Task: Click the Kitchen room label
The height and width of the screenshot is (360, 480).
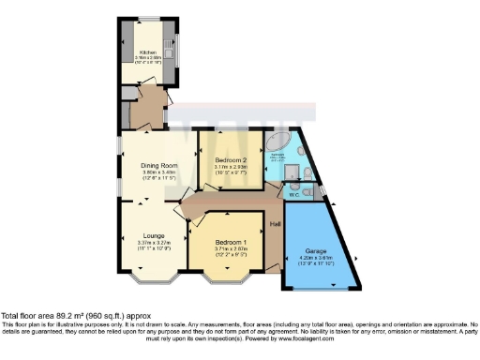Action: (x=147, y=52)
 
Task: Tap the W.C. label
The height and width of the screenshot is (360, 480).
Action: (x=293, y=196)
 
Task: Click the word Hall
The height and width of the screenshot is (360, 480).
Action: (x=276, y=224)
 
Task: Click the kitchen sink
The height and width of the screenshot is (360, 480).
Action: (x=169, y=42)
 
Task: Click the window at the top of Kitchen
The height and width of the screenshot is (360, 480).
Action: (x=147, y=20)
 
